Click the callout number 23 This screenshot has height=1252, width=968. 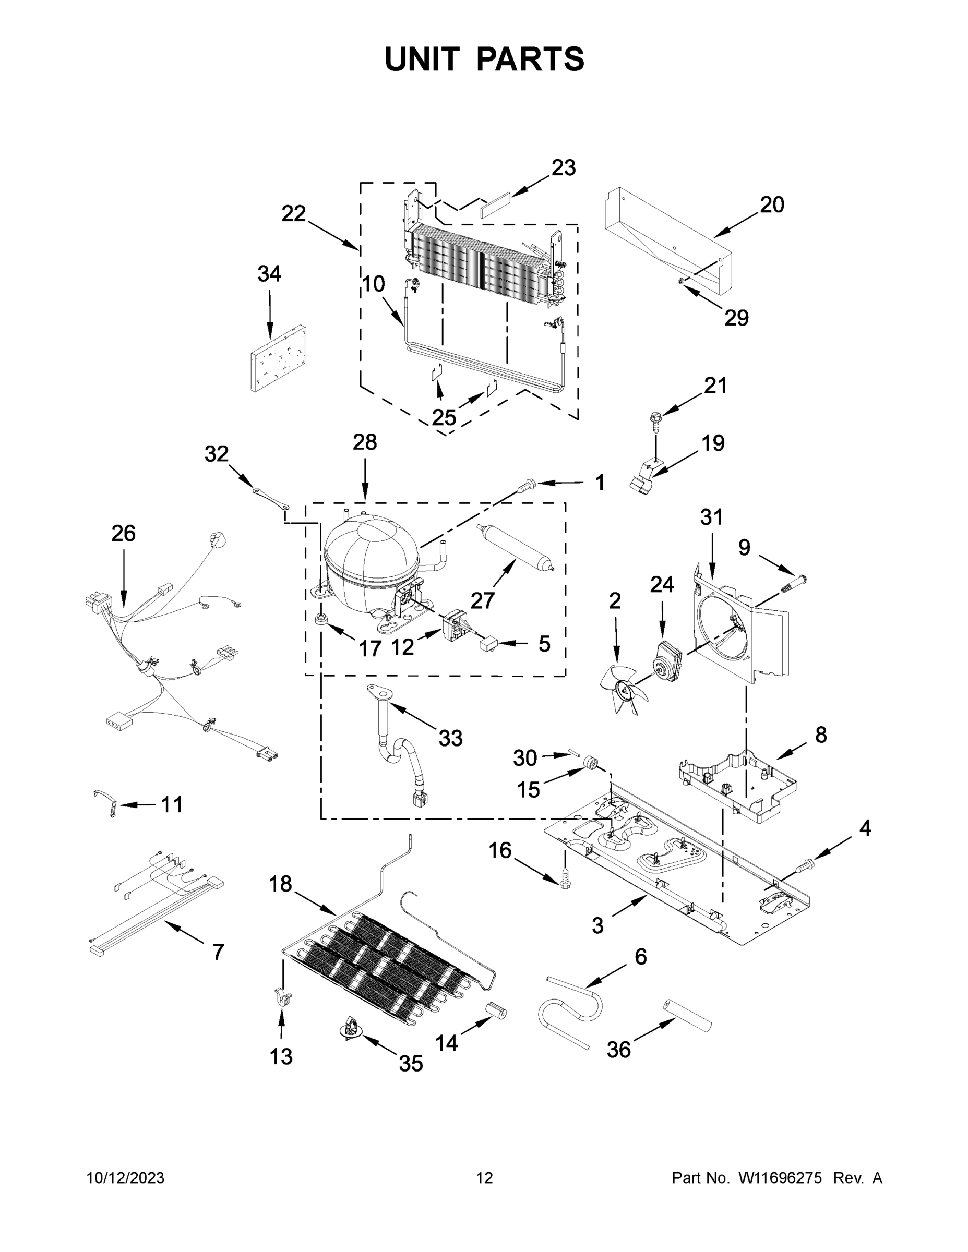tap(563, 168)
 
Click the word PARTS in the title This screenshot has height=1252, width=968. tap(530, 59)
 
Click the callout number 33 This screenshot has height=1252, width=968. tap(450, 738)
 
